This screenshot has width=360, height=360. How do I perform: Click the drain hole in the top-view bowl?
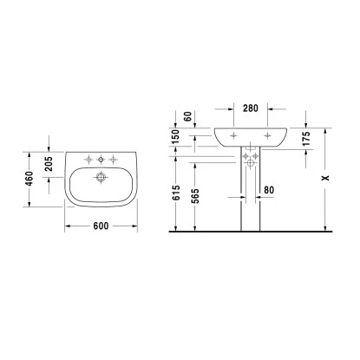(x=102, y=178)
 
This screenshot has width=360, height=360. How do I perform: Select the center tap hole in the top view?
(x=102, y=160)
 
